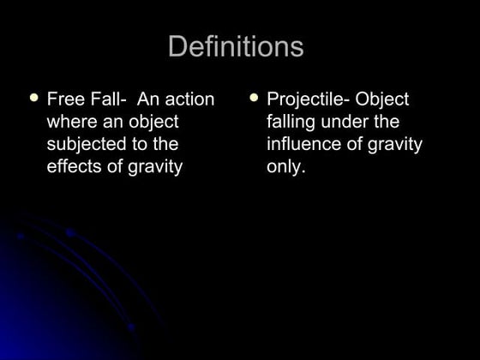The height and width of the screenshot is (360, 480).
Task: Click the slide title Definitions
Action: click(x=236, y=46)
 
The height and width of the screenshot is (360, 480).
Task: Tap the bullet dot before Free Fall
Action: click(x=34, y=98)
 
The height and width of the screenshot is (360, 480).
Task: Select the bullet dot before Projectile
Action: click(x=254, y=98)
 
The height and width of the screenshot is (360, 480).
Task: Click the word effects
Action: click(x=75, y=166)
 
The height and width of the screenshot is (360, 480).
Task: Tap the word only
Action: click(x=285, y=167)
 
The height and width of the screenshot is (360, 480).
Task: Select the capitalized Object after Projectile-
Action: click(x=381, y=99)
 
